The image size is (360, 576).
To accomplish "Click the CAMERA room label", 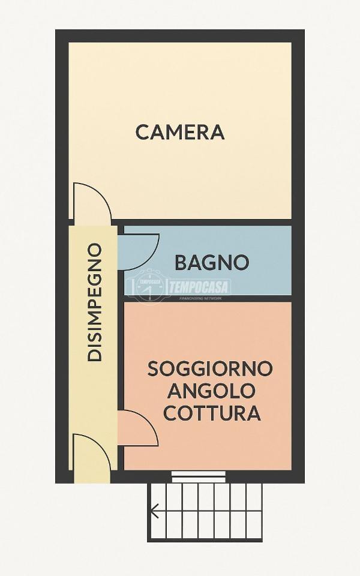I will click(x=180, y=131).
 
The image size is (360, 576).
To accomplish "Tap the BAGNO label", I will click(x=212, y=262).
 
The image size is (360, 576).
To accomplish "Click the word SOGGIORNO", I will click(x=210, y=368).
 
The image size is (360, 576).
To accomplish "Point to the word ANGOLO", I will click(x=211, y=391).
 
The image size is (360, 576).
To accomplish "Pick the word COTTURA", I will click(x=212, y=413).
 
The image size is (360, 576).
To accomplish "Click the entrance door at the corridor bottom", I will click(x=91, y=459).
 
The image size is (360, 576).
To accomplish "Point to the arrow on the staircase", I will click(x=155, y=511).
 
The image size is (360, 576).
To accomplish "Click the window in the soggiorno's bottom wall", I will click(x=199, y=477).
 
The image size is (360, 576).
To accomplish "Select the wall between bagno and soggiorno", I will click(x=207, y=298).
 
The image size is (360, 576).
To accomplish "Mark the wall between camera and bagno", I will click(x=207, y=222).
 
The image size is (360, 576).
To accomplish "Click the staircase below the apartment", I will click(x=206, y=512).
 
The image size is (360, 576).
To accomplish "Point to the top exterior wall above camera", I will click(x=180, y=35).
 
